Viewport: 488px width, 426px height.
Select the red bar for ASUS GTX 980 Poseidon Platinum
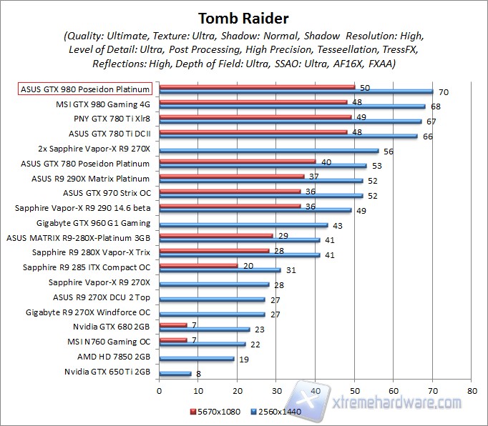pos(257,86)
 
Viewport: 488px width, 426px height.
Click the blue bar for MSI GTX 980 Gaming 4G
pos(292,106)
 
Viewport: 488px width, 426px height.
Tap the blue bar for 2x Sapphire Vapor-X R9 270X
pos(268,150)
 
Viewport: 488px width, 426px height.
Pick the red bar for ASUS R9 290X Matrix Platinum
pos(231,176)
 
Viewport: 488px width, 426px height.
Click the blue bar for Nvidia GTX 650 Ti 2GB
pos(175,373)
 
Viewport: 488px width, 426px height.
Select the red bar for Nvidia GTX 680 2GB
pos(172,325)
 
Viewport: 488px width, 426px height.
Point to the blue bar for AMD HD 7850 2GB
pos(196,358)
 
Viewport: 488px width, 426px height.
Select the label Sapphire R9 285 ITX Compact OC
pos(87,267)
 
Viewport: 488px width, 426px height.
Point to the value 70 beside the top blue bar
pos(444,91)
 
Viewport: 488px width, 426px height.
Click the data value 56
pos(389,151)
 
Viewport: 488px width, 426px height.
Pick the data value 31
pos(292,269)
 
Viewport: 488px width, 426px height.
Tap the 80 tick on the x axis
pos(471,392)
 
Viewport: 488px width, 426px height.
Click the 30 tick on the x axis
pos(276,392)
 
